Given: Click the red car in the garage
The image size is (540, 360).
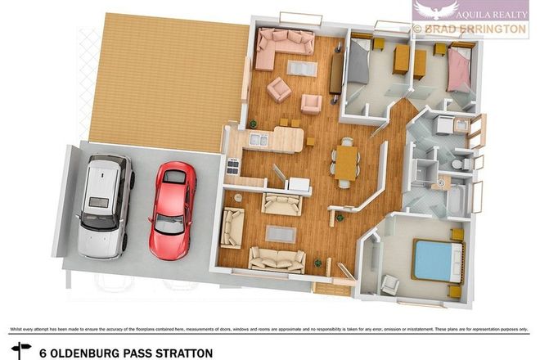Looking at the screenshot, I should [172, 209].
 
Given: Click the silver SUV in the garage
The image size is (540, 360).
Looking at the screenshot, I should [104, 205].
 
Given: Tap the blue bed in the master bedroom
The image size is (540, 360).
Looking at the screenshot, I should [434, 260].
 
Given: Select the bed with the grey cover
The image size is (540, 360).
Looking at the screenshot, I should [359, 65].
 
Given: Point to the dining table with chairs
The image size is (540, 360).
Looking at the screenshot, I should [346, 158].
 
